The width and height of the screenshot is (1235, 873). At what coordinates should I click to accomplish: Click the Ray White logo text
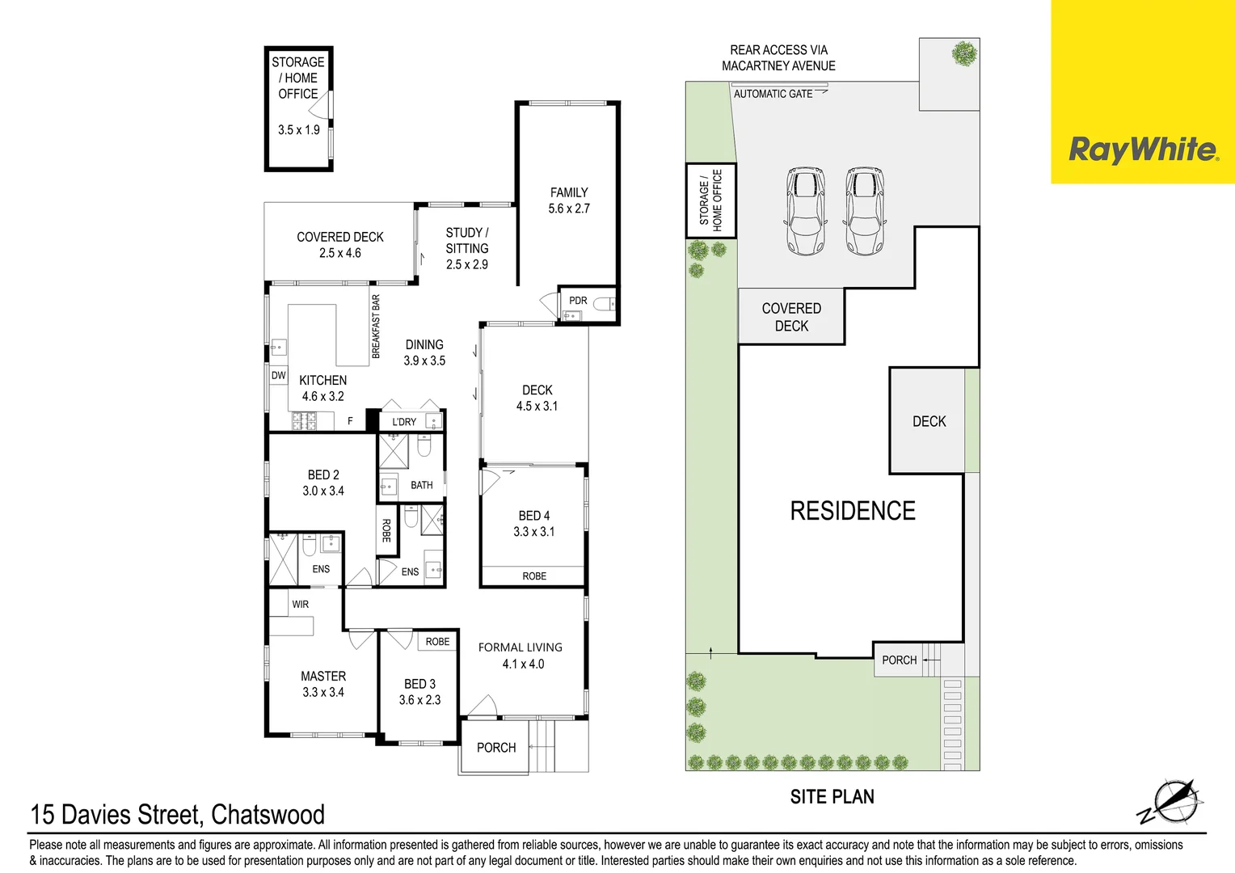coord(1142,150)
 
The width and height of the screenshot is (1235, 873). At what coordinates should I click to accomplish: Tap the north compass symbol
coord(1172,803)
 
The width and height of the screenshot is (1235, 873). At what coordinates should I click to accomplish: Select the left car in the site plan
coord(805,212)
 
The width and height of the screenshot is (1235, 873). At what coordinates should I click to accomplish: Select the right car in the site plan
coord(864,212)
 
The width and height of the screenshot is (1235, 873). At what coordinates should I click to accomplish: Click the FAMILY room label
coord(569,192)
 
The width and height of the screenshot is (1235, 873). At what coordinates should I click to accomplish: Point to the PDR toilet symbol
coord(603,305)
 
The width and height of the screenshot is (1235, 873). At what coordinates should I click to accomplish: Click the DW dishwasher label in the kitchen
coord(278,375)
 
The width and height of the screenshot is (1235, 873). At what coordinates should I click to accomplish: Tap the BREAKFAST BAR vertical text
coord(376,327)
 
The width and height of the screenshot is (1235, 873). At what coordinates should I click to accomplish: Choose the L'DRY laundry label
coord(404,422)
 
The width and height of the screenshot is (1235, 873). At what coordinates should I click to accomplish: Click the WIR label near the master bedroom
coord(300,604)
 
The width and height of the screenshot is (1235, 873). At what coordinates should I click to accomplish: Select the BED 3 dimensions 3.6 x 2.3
coord(419,700)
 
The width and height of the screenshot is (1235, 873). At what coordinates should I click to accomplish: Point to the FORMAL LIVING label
coord(520,647)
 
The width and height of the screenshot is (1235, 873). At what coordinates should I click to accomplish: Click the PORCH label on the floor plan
coord(495,748)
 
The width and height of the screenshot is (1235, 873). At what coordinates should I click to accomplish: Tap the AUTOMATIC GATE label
coord(773,94)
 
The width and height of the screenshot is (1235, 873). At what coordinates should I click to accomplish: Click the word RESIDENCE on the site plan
coord(853,511)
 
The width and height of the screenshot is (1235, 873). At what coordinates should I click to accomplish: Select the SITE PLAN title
coord(832,797)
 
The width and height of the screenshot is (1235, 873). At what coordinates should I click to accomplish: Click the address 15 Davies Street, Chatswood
coord(177,814)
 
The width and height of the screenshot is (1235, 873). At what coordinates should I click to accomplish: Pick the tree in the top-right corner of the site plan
coord(963,54)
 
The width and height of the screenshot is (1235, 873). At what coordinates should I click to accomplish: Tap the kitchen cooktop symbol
coord(303,420)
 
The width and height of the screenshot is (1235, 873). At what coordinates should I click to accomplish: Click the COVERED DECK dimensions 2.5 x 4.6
coord(339,253)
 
